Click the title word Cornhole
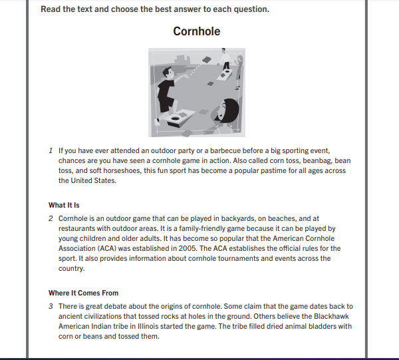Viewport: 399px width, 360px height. pos(197,31)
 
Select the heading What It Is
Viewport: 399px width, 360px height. pos(64,205)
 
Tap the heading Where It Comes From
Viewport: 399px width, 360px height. pos(83,293)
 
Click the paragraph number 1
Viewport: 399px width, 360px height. pos(51,150)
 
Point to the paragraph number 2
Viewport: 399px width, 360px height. pos(51,218)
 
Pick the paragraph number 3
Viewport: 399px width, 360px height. pos(51,306)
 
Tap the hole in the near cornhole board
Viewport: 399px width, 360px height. pos(178,120)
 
